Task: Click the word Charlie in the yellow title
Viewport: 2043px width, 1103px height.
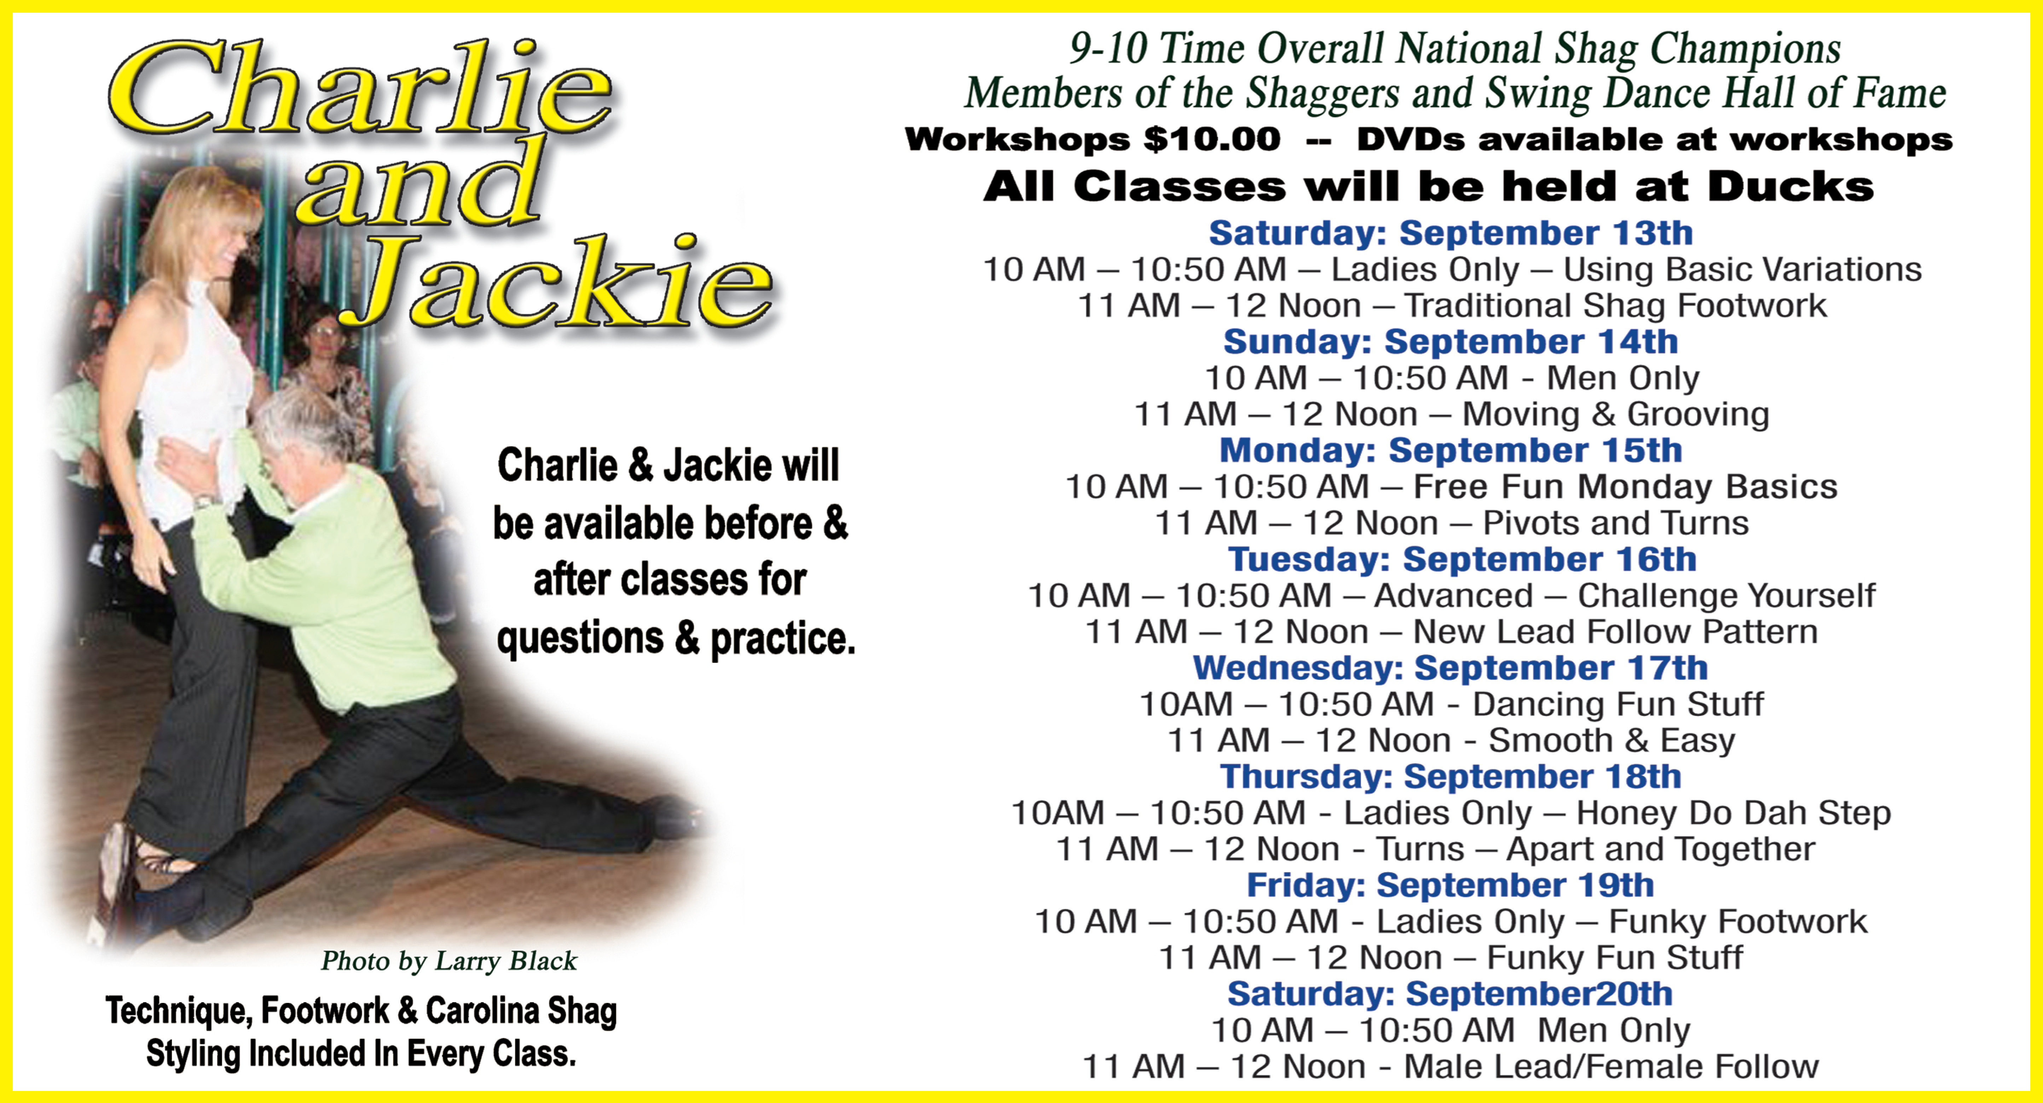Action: pyautogui.click(x=361, y=87)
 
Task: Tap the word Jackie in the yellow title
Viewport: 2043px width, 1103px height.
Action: pyautogui.click(x=555, y=281)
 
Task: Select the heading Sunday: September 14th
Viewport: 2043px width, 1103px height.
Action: pyautogui.click(x=1451, y=342)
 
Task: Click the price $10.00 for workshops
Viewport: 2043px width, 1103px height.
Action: pyautogui.click(x=1212, y=140)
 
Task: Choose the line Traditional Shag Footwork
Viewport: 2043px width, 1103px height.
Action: pyautogui.click(x=1615, y=305)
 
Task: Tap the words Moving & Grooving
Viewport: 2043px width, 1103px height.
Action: pyautogui.click(x=1615, y=414)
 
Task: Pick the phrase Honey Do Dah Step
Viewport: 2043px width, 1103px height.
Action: pyautogui.click(x=1734, y=813)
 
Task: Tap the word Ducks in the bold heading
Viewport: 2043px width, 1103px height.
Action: pyautogui.click(x=1791, y=187)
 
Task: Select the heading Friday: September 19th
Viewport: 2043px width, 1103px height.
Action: pyautogui.click(x=1451, y=885)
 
